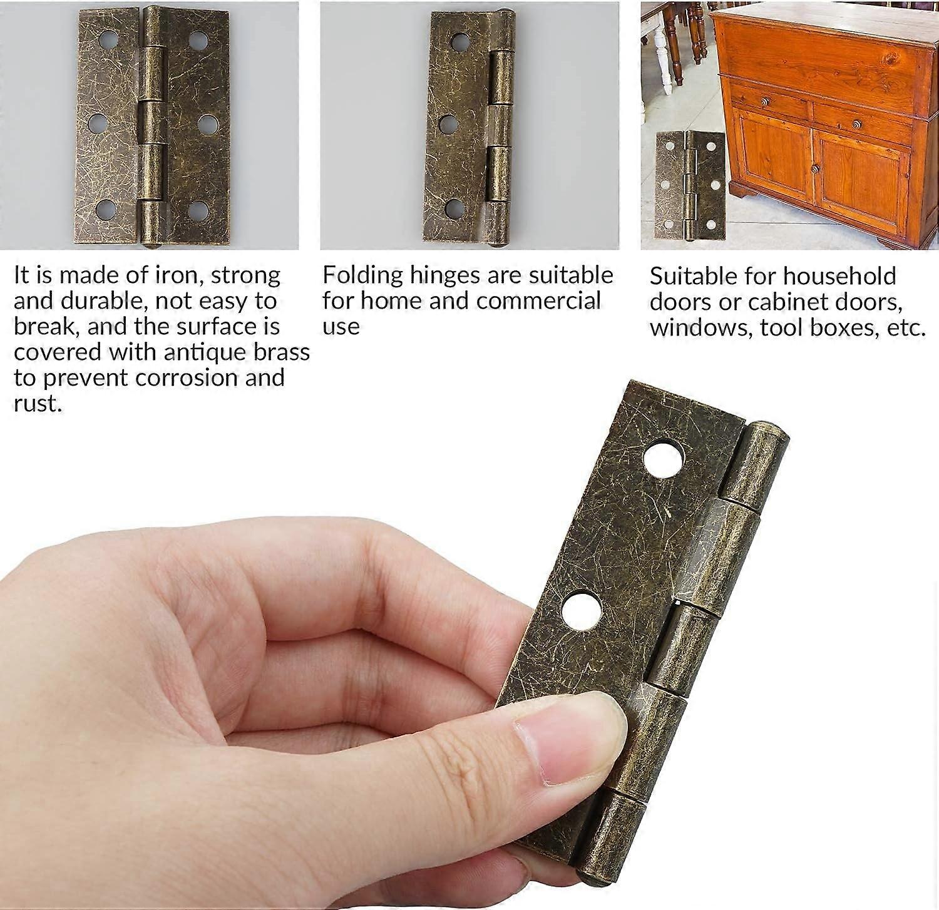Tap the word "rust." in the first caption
38,404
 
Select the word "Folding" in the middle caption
362,275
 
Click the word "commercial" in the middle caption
538,301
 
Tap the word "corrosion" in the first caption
187,378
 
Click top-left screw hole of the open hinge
110,41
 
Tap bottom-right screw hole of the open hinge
197,210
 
